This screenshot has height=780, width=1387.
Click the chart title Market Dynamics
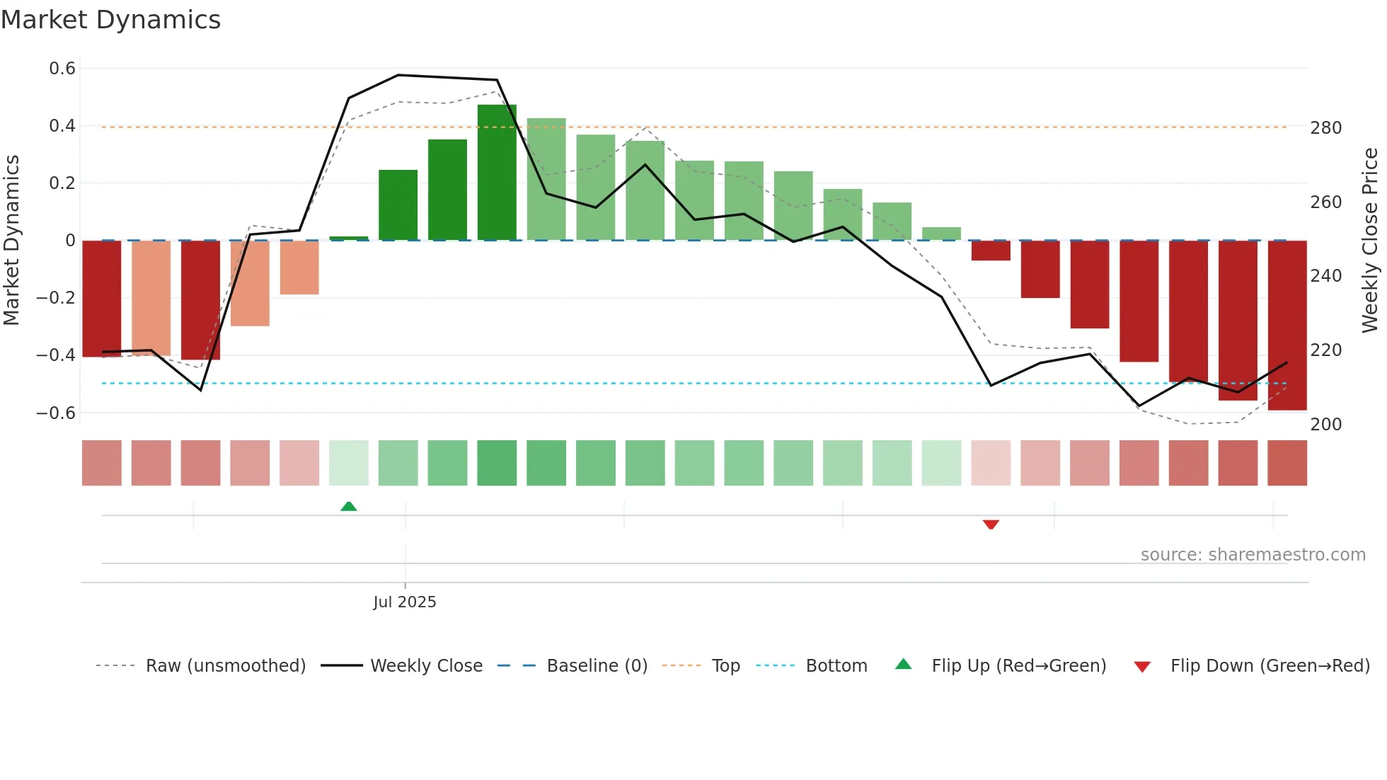[110, 20]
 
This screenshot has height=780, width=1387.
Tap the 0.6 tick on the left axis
[62, 69]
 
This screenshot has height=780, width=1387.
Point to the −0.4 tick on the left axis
[56, 355]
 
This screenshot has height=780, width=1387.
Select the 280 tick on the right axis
[1325, 128]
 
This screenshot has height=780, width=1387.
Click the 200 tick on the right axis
[1325, 425]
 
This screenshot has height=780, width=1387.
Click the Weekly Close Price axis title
[1370, 241]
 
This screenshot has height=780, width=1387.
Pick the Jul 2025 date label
[405, 602]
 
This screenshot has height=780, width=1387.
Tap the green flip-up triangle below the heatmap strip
[349, 506]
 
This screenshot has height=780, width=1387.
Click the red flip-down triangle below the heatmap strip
[991, 524]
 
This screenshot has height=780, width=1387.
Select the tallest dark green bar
[497, 173]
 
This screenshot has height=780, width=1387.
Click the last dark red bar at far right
[1287, 326]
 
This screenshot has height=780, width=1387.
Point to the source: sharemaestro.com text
[1253, 555]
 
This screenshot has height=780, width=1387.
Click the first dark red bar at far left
[102, 299]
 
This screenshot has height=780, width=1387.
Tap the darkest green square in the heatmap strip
[497, 463]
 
